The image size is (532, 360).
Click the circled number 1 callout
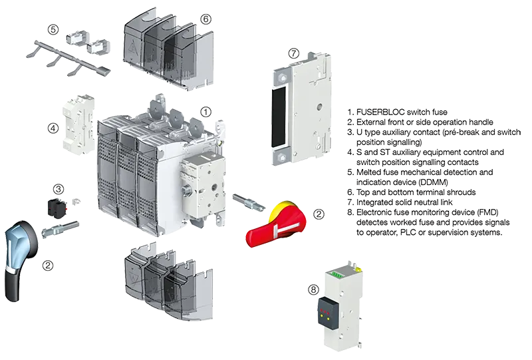click(206, 112)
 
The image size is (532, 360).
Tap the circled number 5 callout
click(53, 29)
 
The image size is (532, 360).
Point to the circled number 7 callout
click(293, 53)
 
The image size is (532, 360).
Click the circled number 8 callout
click(313, 289)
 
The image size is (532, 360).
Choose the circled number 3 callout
click(59, 190)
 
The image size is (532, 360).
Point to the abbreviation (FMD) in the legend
click(473, 212)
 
